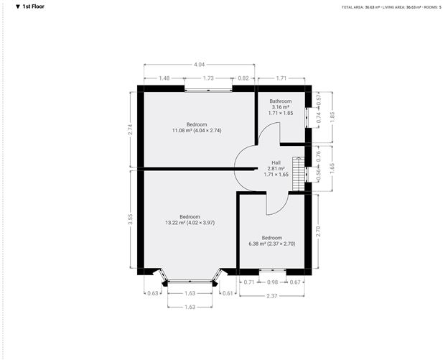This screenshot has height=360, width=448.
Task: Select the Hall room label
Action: pos(276,162)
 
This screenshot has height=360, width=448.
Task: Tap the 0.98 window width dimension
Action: pos(272,282)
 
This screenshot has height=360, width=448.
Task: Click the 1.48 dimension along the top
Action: pos(164,78)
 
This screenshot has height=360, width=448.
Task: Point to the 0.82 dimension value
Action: pos(243,78)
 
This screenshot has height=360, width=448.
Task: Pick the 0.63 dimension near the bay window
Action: pos(151,293)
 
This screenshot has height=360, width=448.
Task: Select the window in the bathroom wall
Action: pos(307,117)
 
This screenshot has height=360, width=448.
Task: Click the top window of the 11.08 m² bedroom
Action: pos(208,89)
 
